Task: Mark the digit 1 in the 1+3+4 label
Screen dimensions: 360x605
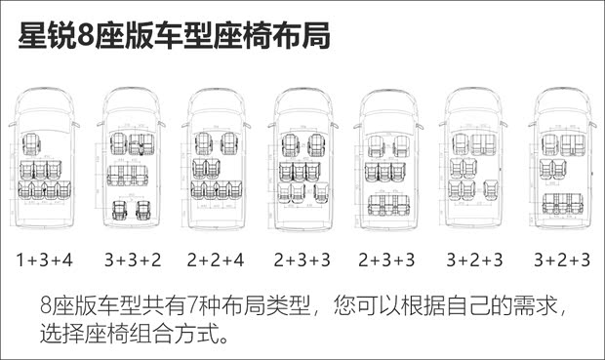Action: tap(20, 260)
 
